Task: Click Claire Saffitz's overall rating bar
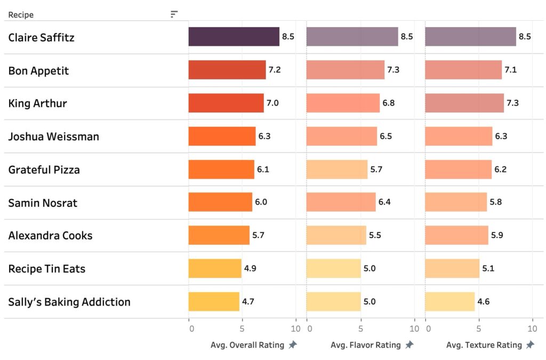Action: (x=234, y=37)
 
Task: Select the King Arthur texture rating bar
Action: (x=464, y=103)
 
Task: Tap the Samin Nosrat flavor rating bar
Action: (x=341, y=202)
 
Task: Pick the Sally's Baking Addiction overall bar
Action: (x=214, y=301)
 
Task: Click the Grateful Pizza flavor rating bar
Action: (x=337, y=169)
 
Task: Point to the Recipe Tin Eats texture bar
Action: (x=452, y=268)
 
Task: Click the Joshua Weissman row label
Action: (x=53, y=137)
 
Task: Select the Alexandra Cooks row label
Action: (x=50, y=235)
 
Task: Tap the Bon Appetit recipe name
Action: (x=38, y=70)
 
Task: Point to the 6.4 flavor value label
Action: (x=384, y=202)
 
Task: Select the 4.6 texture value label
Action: (x=484, y=301)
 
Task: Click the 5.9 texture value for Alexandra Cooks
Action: (x=496, y=235)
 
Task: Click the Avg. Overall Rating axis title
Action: (x=247, y=345)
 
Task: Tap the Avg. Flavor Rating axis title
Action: (x=365, y=345)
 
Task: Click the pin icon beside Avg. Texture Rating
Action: (x=530, y=345)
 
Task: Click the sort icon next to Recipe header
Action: (x=174, y=14)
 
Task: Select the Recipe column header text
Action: (x=21, y=15)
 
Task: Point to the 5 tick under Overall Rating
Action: (x=242, y=329)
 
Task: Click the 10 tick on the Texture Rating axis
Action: (x=532, y=329)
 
